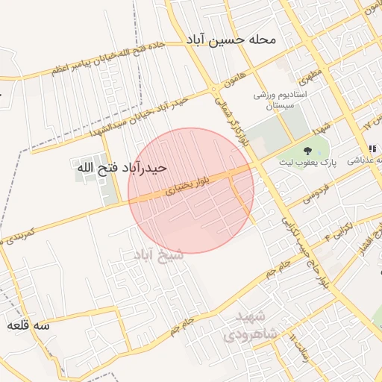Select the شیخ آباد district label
[158, 255]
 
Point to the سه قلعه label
[28, 326]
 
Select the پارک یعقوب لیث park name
[307, 163]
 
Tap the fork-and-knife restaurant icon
[372, 151]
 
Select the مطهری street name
[307, 75]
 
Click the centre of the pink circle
[191, 190]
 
